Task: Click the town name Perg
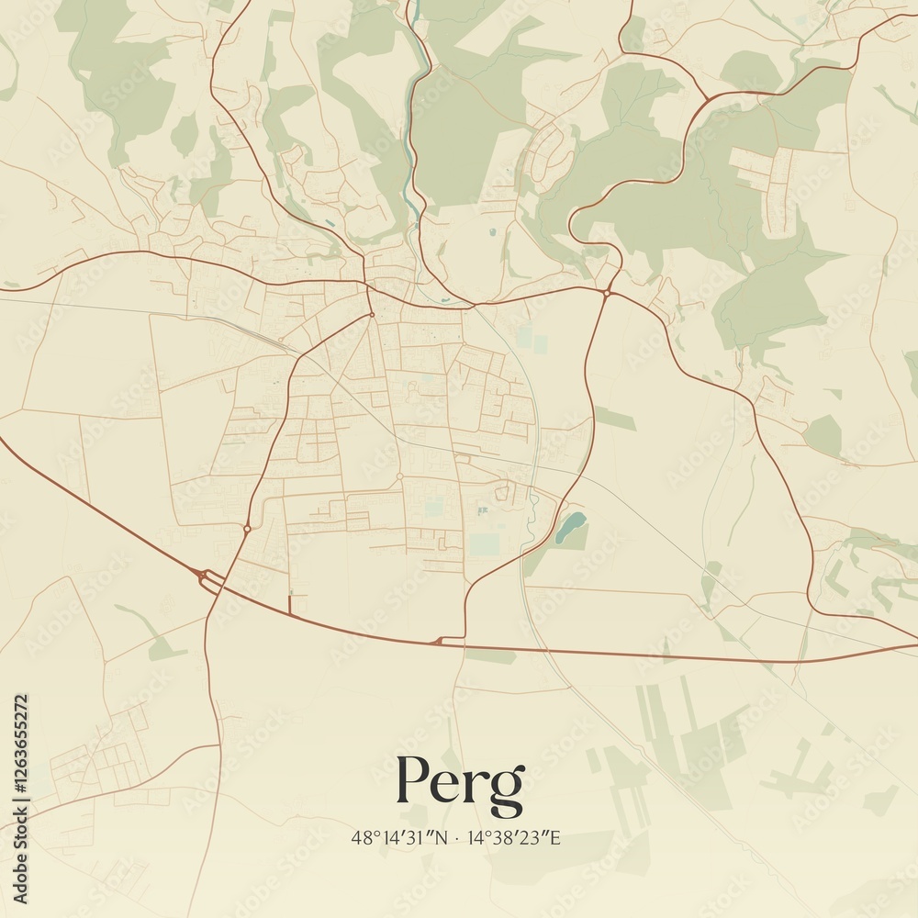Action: (460, 782)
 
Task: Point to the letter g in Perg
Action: (508, 789)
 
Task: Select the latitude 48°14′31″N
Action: (400, 837)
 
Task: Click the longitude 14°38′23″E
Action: (514, 837)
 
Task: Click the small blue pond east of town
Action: (571, 526)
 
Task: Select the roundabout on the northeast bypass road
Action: (608, 293)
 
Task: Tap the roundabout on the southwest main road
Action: (247, 528)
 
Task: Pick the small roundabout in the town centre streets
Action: (399, 476)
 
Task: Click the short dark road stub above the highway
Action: (289, 604)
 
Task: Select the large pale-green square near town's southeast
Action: (485, 543)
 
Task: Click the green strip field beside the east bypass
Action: (614, 419)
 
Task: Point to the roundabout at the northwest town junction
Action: (371, 315)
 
